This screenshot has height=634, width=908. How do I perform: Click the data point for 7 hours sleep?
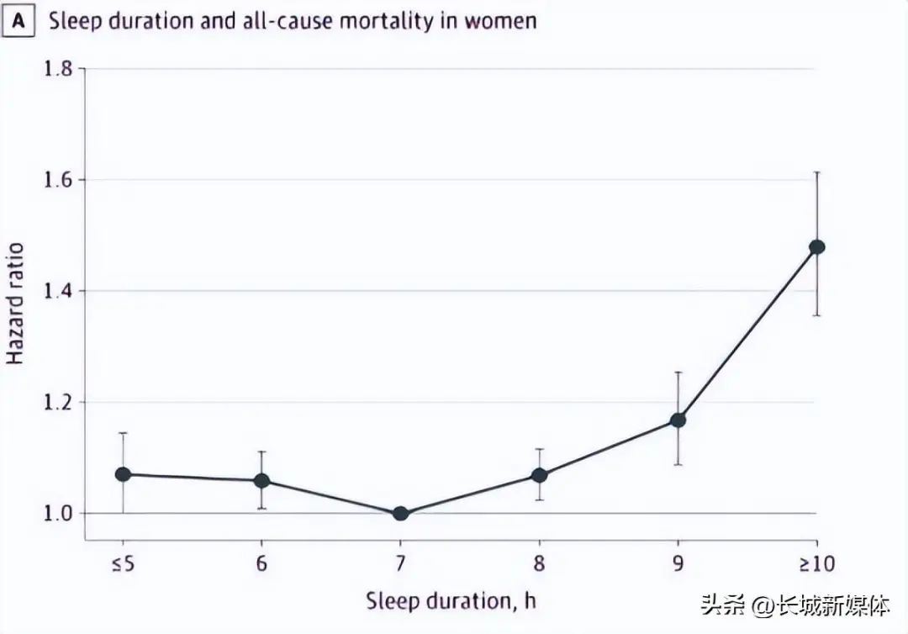(400, 513)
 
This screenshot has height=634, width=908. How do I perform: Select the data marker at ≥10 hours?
(816, 246)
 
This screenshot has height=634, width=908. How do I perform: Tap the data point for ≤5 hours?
(123, 474)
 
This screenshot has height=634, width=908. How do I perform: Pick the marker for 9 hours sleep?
(678, 420)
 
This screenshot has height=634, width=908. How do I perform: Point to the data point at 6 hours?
(261, 481)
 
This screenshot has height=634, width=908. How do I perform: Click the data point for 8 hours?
(539, 476)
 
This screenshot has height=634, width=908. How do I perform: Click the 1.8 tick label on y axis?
(59, 68)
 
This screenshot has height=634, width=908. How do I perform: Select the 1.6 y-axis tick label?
(59, 180)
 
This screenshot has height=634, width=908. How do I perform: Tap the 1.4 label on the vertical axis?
(59, 291)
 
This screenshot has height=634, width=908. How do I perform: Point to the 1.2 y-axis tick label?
(59, 402)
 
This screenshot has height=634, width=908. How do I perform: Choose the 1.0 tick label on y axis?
(59, 513)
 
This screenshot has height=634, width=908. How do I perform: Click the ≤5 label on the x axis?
(123, 563)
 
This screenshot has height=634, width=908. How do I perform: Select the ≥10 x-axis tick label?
(816, 563)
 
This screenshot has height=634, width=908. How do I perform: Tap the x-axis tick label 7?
(400, 563)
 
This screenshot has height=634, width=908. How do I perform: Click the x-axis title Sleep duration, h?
(451, 601)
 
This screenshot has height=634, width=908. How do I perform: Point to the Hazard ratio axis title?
(15, 304)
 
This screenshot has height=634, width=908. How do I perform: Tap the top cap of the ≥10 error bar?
(816, 172)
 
